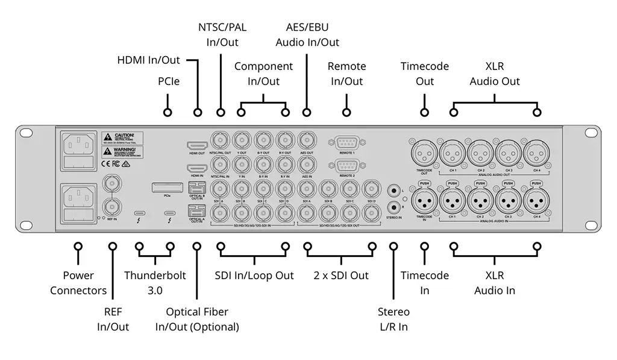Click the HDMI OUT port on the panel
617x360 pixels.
tap(197, 146)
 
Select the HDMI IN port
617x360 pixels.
tap(197, 167)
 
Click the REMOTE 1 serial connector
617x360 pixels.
tap(346, 143)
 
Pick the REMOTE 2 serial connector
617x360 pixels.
tap(346, 165)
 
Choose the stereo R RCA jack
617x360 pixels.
tap(395, 206)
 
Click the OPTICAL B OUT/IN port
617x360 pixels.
tap(196, 188)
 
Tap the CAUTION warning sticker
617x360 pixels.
tap(122, 138)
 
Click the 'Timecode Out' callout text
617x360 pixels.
tap(425, 74)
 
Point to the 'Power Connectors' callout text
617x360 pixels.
tap(78, 283)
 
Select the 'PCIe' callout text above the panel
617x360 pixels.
tap(169, 81)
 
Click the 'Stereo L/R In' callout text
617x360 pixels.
tap(393, 319)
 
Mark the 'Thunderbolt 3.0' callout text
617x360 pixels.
tap(155, 283)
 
